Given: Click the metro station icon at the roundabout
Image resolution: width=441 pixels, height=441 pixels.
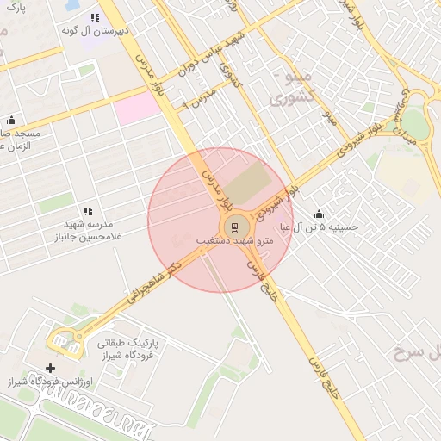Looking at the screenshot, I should [233, 227].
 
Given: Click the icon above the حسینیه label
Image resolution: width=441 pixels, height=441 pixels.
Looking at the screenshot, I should [320, 214].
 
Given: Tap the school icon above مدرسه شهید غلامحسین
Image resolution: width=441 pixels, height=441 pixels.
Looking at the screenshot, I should [88, 211].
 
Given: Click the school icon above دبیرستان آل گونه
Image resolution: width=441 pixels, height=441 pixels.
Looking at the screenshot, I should [95, 17].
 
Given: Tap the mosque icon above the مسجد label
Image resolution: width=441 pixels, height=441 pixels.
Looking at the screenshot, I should [11, 121].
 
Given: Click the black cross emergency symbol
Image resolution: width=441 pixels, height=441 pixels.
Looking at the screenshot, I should [50, 369].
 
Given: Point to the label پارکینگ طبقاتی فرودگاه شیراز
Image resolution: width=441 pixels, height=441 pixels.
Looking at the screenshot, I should [127, 348].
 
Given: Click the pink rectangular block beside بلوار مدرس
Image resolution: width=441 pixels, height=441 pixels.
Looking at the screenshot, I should [139, 108].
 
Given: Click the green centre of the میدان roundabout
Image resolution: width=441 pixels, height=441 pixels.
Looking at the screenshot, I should [416, 121].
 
